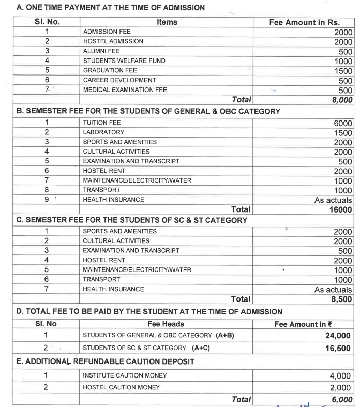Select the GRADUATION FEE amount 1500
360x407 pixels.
343,71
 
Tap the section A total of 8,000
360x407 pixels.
342,100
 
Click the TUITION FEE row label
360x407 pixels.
102,123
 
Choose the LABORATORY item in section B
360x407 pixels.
103,132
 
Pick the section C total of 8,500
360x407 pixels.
342,299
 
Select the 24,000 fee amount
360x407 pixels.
338,336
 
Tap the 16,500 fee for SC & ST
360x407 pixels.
338,348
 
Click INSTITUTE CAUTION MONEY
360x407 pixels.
122,375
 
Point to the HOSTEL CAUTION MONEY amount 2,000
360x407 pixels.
340,387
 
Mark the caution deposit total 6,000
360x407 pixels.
341,399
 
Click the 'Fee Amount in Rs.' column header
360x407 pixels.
304,22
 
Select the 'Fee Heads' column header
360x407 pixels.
166,324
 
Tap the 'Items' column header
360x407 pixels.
167,22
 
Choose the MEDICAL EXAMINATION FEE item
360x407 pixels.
125,89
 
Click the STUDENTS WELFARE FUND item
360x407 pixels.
124,61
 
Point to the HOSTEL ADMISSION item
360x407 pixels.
113,41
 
